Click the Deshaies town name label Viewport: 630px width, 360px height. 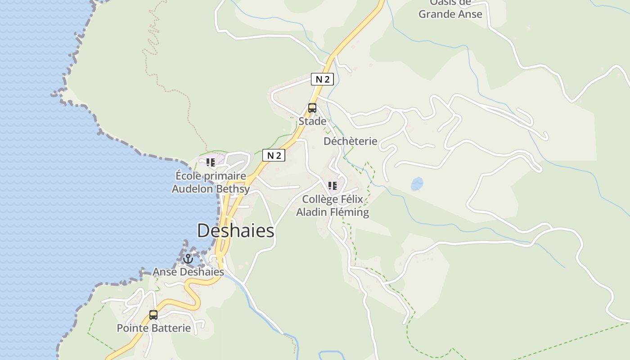[235, 231]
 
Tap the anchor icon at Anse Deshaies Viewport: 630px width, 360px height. [188, 259]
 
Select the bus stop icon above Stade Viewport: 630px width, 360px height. [312, 108]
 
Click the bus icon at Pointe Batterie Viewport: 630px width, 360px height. [153, 315]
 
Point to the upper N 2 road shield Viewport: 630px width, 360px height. [322, 80]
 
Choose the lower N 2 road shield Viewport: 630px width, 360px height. [274, 156]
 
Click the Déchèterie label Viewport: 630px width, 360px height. [350, 141]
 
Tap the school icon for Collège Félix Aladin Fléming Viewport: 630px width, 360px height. [333, 186]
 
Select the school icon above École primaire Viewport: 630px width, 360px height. [210, 162]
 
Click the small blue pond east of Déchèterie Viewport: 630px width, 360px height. [417, 184]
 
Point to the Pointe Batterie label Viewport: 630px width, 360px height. [154, 328]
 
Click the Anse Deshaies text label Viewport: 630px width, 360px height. [188, 272]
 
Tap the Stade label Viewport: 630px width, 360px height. [312, 121]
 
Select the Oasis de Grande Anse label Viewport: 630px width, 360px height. [450, 9]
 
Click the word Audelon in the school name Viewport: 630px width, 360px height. [193, 189]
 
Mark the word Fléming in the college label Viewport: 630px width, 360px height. [350, 212]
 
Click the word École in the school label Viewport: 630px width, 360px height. [188, 176]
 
